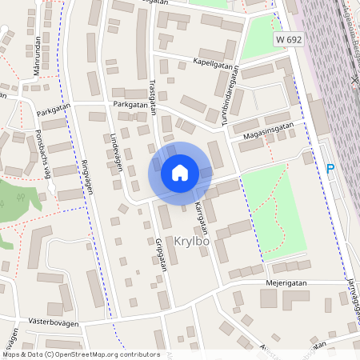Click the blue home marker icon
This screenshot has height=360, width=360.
tap(180, 173)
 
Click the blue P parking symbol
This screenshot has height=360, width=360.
tap(330, 169)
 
